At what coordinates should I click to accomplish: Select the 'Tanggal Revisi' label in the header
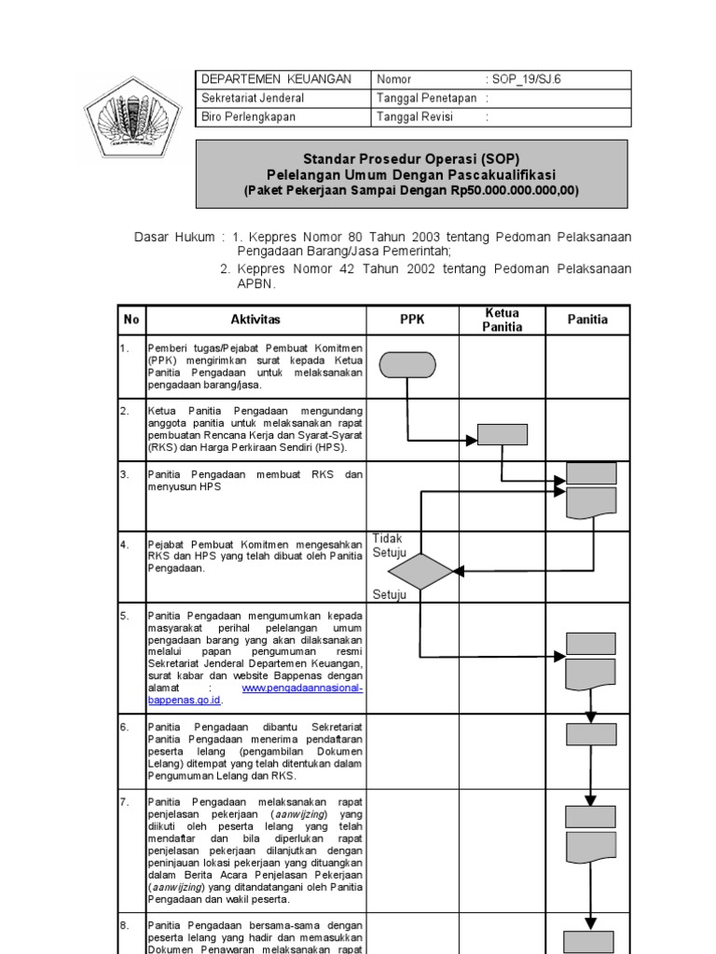414,116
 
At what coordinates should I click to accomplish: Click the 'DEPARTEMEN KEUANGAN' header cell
276,79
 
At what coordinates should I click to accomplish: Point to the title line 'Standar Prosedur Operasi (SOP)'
410,159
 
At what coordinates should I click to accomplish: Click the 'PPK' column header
412,320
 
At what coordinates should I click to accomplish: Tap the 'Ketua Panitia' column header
502,320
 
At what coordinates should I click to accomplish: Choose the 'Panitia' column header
587,320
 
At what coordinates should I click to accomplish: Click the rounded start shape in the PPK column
407,365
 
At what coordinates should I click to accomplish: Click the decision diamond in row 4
420,571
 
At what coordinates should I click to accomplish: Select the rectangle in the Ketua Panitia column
503,434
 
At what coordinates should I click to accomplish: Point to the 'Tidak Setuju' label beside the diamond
390,546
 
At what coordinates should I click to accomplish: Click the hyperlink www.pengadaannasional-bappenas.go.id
301,688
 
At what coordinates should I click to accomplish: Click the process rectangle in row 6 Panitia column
591,734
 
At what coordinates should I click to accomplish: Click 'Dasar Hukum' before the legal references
173,237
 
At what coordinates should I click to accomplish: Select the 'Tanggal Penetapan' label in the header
426,98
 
